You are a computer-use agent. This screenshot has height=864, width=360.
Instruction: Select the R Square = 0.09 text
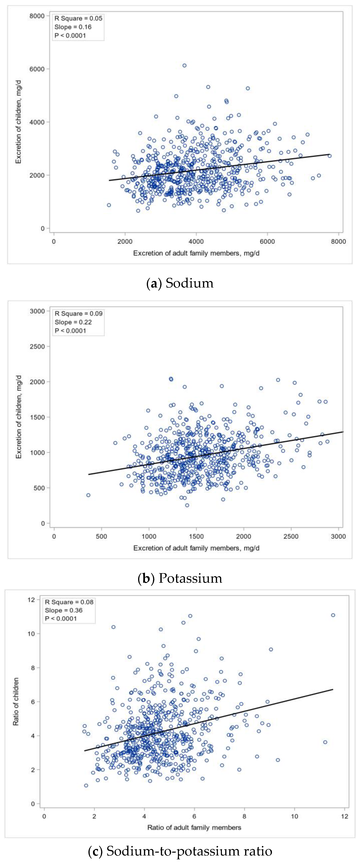79,313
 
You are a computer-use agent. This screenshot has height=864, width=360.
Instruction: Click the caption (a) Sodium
180,283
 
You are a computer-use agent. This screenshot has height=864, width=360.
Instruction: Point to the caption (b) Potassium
180,578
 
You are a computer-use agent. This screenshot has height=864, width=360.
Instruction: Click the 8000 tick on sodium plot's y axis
37,16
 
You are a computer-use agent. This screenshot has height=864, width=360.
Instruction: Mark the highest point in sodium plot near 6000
184,65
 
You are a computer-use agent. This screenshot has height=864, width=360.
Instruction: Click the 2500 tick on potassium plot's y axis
37,347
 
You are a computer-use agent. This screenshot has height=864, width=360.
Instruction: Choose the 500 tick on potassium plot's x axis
101,536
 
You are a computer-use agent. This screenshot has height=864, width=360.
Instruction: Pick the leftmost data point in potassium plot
88,495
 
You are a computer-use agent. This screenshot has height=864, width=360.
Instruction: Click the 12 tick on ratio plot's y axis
31,600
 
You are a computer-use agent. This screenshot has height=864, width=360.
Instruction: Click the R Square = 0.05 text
78,18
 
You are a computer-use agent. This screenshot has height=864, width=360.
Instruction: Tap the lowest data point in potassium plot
187,505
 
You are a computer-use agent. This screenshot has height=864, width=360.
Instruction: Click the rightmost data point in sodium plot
329,156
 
